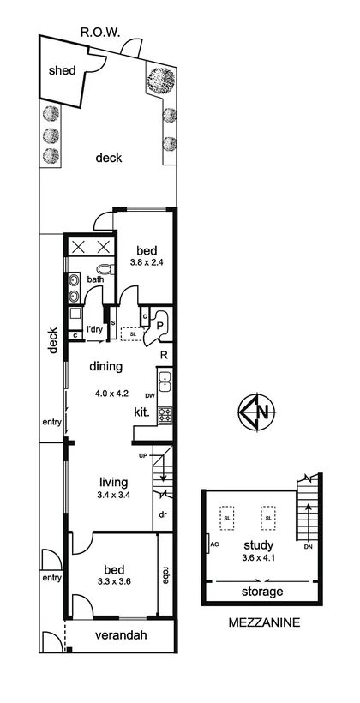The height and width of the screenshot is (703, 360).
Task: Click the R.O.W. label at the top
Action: pos(100,33)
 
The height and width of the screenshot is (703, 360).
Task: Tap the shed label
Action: pos(61,70)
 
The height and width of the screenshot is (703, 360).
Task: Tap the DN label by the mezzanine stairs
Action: pos(309,548)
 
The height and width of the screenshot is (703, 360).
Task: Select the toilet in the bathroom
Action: pos(105,269)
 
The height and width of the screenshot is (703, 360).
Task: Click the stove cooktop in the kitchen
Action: pos(164,413)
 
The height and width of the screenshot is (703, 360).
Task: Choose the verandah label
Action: pos(120,635)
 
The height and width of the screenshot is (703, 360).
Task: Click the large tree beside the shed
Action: pos(161,81)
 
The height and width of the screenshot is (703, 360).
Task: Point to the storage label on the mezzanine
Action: pos(261,592)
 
